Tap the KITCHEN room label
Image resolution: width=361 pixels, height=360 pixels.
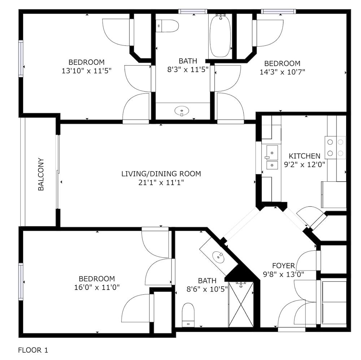(304, 156)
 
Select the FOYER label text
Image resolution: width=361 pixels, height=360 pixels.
(283, 266)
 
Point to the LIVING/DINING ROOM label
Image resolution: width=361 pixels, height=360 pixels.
(161, 174)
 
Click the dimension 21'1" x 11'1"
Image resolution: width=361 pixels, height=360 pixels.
(161, 183)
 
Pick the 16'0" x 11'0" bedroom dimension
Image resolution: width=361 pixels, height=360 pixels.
(97, 287)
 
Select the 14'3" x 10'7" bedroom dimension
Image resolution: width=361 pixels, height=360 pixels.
(282, 72)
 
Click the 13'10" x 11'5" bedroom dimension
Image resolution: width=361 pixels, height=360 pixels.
(87, 71)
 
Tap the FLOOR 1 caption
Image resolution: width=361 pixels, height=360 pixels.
(33, 350)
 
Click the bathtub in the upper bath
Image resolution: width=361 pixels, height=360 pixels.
(220, 36)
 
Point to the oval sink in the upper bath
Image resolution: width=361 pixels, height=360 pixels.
(182, 111)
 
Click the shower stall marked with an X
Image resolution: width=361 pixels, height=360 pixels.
(241, 304)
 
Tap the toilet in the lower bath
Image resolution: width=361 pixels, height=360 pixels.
(188, 315)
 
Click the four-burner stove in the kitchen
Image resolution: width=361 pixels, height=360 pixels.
(335, 148)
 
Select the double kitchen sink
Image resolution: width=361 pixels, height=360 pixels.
(272, 157)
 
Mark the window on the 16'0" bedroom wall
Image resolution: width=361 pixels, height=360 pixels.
(21, 282)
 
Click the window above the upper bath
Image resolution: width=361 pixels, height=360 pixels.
(193, 12)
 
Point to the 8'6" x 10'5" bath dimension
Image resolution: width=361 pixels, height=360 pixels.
(207, 289)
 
